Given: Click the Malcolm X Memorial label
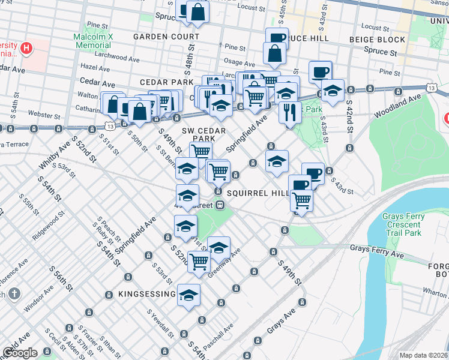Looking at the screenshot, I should [93, 41].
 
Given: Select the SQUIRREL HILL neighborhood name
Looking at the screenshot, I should [258, 193].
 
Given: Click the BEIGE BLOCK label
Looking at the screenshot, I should [378, 40].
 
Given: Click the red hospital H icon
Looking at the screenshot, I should [26, 47].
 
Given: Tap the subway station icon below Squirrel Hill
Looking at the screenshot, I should [221, 205].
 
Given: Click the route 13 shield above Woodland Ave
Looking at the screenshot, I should [432, 88].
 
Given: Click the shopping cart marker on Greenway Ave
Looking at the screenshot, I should [198, 260].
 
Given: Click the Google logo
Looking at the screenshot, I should [20, 353].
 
